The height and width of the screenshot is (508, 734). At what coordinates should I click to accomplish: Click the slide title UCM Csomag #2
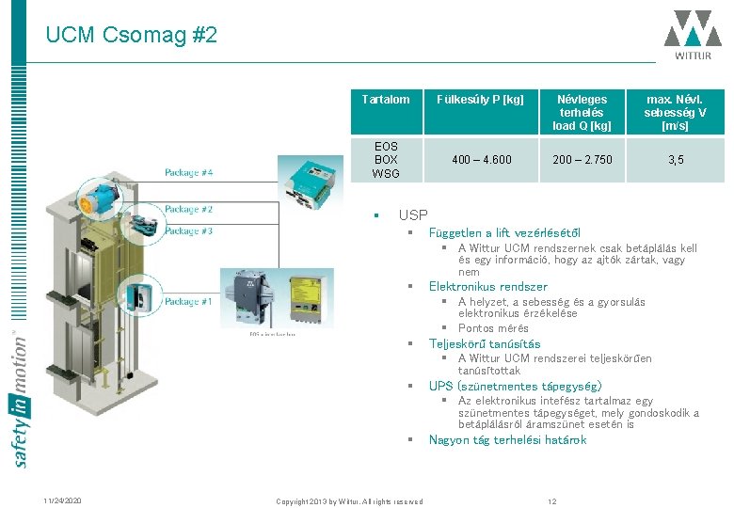[x=131, y=36]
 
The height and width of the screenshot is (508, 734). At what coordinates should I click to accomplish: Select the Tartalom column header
[x=386, y=99]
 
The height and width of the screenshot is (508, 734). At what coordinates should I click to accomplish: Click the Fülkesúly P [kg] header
[x=481, y=99]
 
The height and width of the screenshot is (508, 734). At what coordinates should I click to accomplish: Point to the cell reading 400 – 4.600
[x=481, y=160]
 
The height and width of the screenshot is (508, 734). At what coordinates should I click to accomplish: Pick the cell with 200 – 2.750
[x=582, y=160]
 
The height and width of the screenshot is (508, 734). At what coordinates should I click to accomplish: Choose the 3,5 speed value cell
[x=676, y=160]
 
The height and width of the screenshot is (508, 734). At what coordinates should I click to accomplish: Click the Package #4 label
[x=188, y=172]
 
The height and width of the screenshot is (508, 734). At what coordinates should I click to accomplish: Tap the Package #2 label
[x=188, y=209]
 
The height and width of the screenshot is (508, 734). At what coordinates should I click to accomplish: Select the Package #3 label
[x=188, y=230]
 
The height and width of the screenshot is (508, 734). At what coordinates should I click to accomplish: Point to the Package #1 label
[x=188, y=302]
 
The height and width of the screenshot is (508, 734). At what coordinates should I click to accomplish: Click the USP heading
[x=413, y=215]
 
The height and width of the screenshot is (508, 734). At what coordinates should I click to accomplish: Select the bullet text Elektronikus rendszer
[x=487, y=286]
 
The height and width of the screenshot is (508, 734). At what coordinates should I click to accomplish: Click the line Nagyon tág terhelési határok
[x=507, y=439]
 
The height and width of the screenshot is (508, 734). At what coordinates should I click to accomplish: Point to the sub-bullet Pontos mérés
[x=493, y=328]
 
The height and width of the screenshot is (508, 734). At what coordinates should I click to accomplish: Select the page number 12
[x=553, y=500]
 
